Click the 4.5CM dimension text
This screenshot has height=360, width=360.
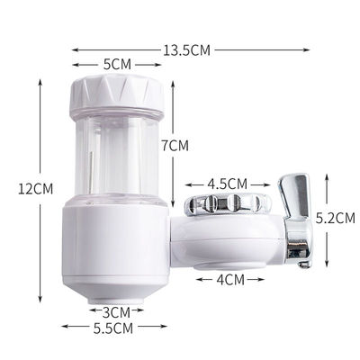click(x=225, y=184)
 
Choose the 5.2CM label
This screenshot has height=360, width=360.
click(x=337, y=217)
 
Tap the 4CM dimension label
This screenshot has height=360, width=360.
click(x=229, y=279)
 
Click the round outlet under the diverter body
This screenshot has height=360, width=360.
click(x=229, y=264)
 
